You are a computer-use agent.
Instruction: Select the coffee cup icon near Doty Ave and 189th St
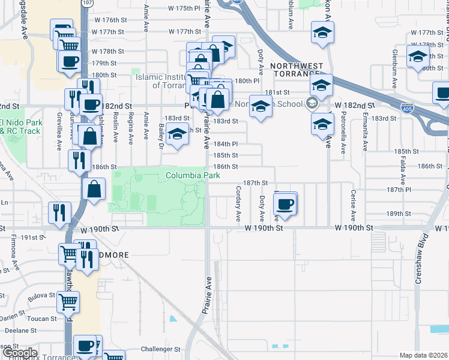(x=285, y=204)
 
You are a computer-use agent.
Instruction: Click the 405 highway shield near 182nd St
(x=406, y=107)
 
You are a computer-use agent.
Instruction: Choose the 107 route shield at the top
(x=88, y=2)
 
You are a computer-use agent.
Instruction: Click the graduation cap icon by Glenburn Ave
(x=418, y=58)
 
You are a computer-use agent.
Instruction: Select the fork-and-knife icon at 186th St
(x=79, y=160)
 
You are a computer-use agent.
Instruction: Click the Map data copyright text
(x=423, y=355)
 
